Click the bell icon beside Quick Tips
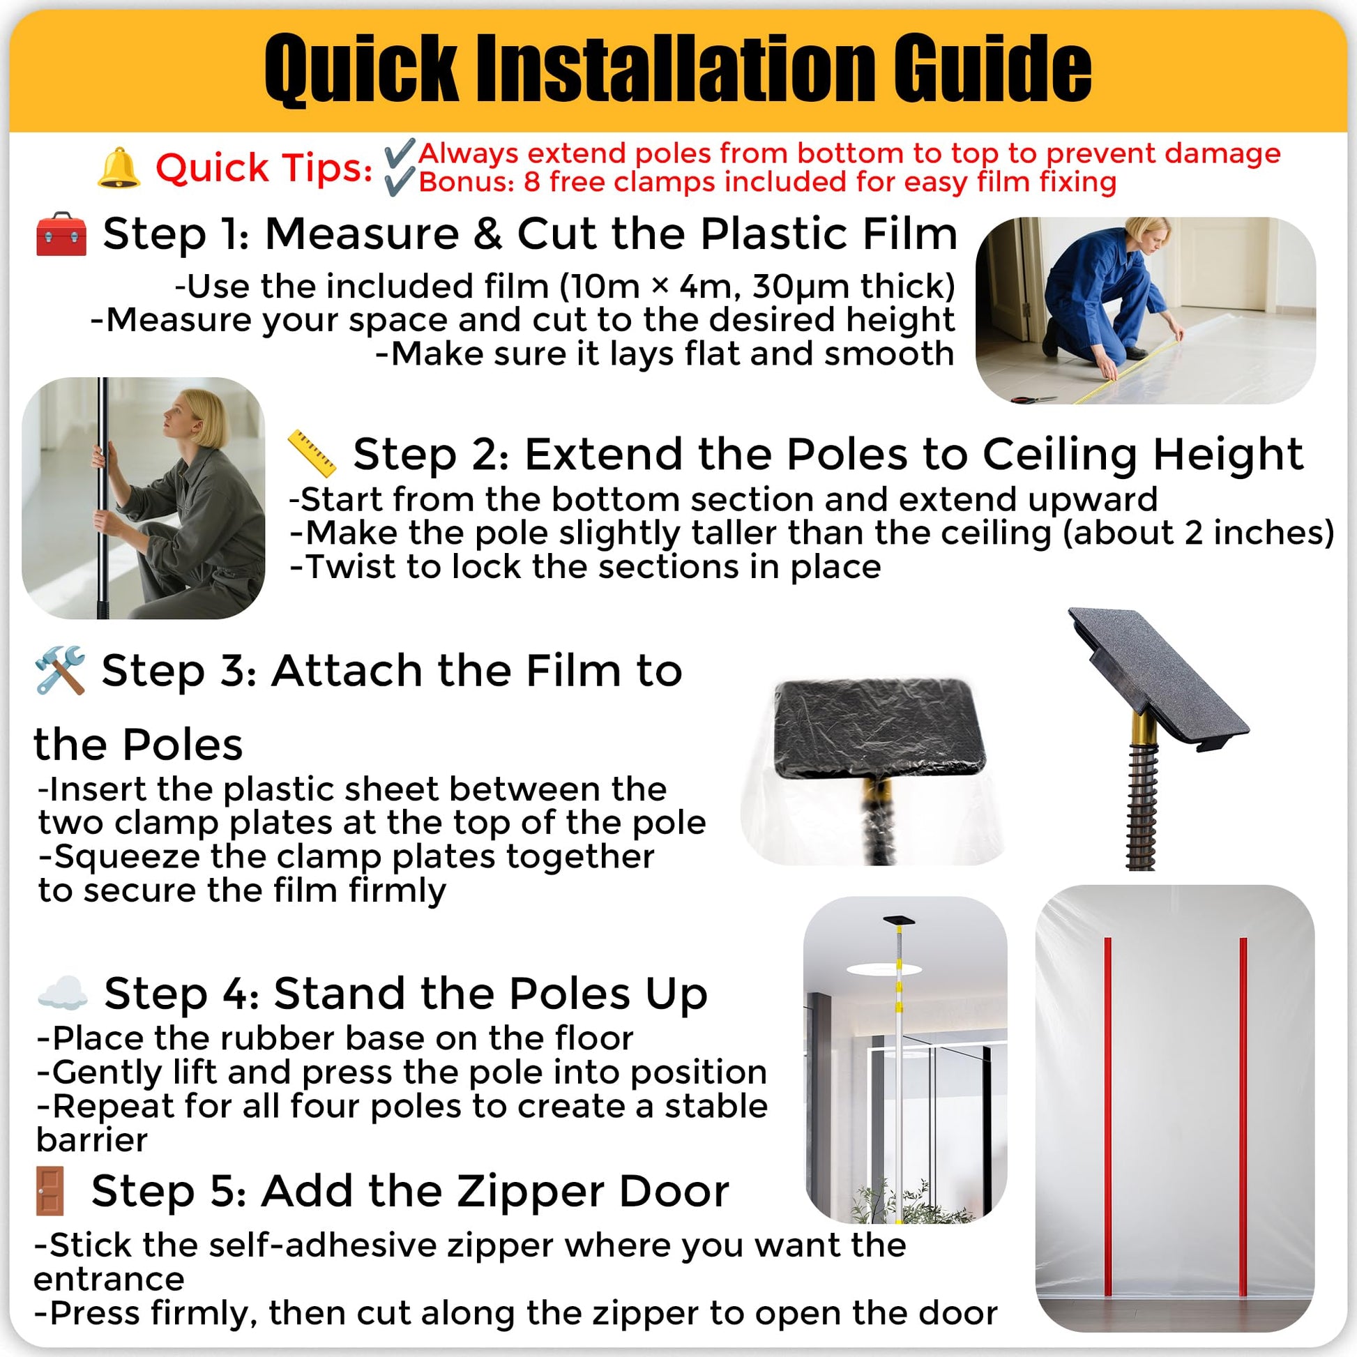pyautogui.click(x=118, y=169)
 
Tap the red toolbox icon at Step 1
pyautogui.click(x=61, y=234)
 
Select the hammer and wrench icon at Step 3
pyautogui.click(x=60, y=670)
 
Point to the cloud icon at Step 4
pyautogui.click(x=62, y=993)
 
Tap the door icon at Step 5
pyautogui.click(x=51, y=1192)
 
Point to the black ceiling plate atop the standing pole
pyautogui.click(x=900, y=920)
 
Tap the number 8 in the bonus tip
pyautogui.click(x=531, y=182)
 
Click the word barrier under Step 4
pyautogui.click(x=91, y=1139)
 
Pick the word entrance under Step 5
pyautogui.click(x=109, y=1279)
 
